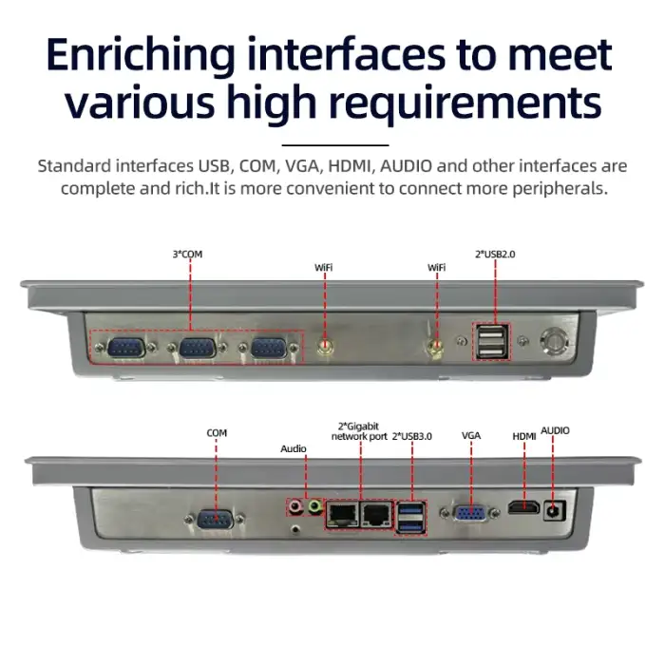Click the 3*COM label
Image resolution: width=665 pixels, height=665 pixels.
187,254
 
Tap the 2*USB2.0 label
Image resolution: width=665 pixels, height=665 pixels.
495,254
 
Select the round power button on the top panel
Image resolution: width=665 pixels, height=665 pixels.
553,341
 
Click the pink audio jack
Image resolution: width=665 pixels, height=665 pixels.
294,506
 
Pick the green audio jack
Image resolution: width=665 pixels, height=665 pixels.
314,506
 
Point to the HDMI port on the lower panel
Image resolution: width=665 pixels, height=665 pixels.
523,507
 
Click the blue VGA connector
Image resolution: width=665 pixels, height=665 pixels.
470,513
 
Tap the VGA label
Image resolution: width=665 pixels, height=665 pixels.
471,435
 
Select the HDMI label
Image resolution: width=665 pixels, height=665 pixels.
524,436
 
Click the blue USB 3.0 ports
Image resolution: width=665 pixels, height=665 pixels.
411,518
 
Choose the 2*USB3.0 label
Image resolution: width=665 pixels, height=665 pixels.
411,436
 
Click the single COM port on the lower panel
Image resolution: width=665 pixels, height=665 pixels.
216,519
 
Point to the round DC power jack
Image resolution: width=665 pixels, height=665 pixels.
554,511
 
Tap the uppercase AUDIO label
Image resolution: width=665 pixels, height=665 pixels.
555,430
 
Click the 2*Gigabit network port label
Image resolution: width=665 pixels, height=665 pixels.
359,431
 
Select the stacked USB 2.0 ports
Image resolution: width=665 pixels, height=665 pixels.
492,341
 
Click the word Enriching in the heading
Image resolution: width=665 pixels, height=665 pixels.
141,56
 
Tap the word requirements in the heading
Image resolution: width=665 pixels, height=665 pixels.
465,103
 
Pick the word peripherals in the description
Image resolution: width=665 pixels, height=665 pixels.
560,188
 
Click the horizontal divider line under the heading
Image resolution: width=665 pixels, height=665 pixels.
335,145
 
